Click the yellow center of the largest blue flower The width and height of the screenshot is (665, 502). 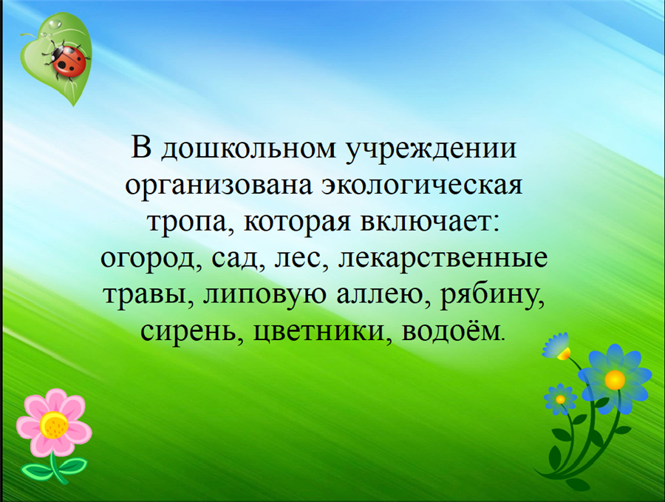pos(615,379)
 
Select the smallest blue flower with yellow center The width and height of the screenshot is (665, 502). pos(560,399)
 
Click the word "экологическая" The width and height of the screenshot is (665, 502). pos(423,185)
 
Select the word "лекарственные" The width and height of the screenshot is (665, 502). pos(443,260)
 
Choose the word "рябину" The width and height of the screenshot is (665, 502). pos(492,296)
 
